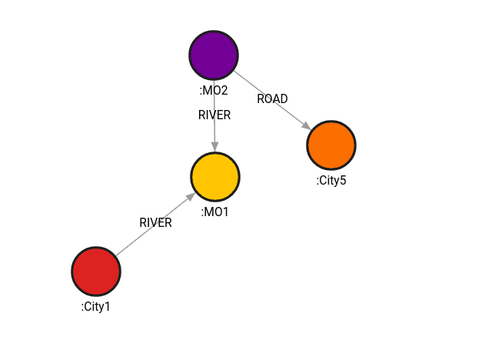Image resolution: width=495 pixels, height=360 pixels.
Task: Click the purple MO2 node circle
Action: pos(214,55)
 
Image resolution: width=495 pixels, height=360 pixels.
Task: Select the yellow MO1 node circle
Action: pos(215,176)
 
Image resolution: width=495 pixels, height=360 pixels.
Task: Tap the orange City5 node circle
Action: pos(331,145)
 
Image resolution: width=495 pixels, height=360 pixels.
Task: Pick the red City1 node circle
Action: pos(96,271)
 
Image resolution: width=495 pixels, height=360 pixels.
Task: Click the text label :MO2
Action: pos(214,91)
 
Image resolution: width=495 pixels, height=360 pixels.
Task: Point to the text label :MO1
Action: pos(215,212)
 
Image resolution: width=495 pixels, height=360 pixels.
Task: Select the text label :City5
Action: pos(331,180)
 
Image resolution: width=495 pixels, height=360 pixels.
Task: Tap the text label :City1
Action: pos(96,306)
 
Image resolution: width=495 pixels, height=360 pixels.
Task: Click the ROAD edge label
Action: pos(272,98)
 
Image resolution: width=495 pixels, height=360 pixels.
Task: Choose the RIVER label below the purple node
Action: pos(214,115)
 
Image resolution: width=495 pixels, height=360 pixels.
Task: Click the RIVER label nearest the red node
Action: pos(155,222)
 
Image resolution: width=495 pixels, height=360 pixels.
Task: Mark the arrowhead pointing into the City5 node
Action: pos(307,126)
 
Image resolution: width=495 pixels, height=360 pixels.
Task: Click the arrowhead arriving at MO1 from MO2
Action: pos(214,147)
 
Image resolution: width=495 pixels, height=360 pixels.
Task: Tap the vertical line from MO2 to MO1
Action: pos(214,131)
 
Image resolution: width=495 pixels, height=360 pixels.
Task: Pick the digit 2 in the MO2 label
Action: pos(224,91)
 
